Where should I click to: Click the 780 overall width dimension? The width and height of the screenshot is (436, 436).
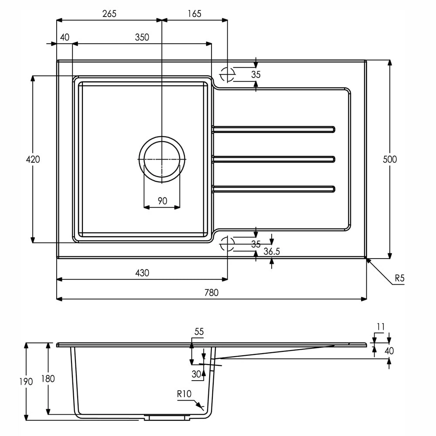pyautogui.click(x=211, y=293)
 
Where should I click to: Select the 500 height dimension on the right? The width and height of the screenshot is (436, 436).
pyautogui.click(x=390, y=159)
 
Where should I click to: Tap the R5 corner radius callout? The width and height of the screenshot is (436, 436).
pyautogui.click(x=400, y=278)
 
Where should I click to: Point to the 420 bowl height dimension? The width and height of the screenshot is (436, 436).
pyautogui.click(x=33, y=160)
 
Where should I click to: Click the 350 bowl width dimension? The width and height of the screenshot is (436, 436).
pyautogui.click(x=142, y=37)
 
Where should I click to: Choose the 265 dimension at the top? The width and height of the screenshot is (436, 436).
pyautogui.click(x=109, y=14)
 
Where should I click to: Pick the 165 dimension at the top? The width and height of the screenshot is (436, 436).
pyautogui.click(x=194, y=14)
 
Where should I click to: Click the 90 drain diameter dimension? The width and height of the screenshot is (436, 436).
pyautogui.click(x=162, y=201)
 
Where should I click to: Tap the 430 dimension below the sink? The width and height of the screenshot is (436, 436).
pyautogui.click(x=142, y=273)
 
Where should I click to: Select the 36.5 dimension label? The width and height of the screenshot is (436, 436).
pyautogui.click(x=272, y=252)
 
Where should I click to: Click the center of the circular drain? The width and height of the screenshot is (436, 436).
pyautogui.click(x=162, y=159)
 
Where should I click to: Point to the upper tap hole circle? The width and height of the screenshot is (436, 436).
pyautogui.click(x=227, y=74)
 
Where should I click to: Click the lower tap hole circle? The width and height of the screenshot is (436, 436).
pyautogui.click(x=227, y=244)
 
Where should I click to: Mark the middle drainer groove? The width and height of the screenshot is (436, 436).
pyautogui.click(x=273, y=159)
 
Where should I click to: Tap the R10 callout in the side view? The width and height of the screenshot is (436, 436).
pyautogui.click(x=184, y=394)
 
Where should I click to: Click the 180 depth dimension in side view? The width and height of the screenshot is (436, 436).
pyautogui.click(x=48, y=378)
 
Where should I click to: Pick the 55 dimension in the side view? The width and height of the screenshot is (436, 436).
pyautogui.click(x=199, y=332)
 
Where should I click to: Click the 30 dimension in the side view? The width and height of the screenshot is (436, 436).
pyautogui.click(x=197, y=374)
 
